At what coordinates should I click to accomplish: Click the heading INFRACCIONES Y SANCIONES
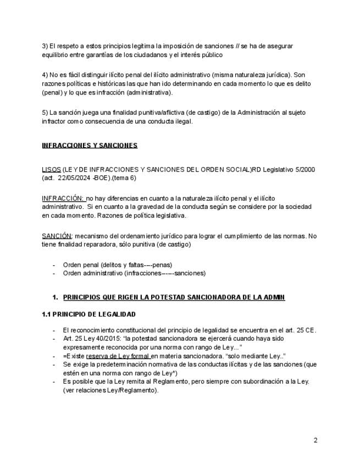(x=90, y=146)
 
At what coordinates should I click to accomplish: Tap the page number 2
(x=315, y=440)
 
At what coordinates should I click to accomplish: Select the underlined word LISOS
(x=51, y=169)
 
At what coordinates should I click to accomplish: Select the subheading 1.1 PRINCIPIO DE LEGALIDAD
(x=88, y=314)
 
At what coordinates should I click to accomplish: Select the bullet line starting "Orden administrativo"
(x=134, y=273)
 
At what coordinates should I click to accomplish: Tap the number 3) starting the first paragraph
(x=45, y=46)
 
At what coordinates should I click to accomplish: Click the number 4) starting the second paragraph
(x=45, y=75)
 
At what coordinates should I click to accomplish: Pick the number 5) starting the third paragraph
(x=45, y=113)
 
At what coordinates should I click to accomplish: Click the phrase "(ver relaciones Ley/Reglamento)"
(x=110, y=390)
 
